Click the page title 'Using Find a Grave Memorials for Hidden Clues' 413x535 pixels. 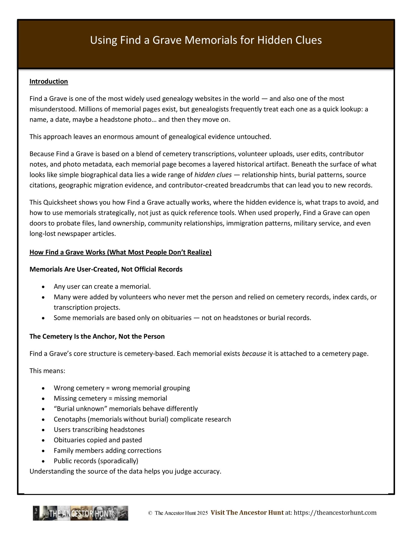206,40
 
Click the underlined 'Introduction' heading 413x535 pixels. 49,82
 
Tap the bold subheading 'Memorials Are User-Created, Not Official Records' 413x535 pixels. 106,269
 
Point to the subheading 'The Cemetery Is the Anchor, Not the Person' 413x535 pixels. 97,336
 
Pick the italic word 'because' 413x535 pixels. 254,354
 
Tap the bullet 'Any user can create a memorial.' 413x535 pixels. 102,287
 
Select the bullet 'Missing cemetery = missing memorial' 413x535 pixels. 110,398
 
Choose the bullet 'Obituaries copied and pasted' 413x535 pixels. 98,440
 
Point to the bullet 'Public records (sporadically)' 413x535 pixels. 96,461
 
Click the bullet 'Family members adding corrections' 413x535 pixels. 107,451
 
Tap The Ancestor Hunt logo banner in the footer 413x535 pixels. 80,513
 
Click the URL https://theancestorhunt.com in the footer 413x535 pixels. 335,513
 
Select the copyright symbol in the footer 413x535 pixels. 150,513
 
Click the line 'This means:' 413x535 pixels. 47,371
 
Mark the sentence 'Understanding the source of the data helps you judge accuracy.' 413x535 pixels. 125,472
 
